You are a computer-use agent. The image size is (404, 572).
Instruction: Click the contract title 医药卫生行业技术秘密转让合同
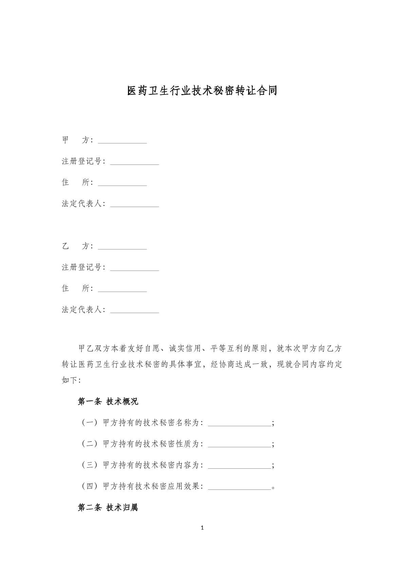[202, 91]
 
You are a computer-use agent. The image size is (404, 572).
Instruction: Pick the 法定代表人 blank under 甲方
[134, 205]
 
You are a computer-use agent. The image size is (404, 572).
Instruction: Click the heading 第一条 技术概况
[108, 402]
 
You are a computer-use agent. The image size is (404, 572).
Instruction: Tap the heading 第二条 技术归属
[108, 508]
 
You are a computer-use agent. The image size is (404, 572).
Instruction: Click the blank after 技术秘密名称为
[239, 424]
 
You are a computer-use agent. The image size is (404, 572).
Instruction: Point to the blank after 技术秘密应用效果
[239, 487]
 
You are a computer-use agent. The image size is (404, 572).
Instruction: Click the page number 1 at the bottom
[202, 528]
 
